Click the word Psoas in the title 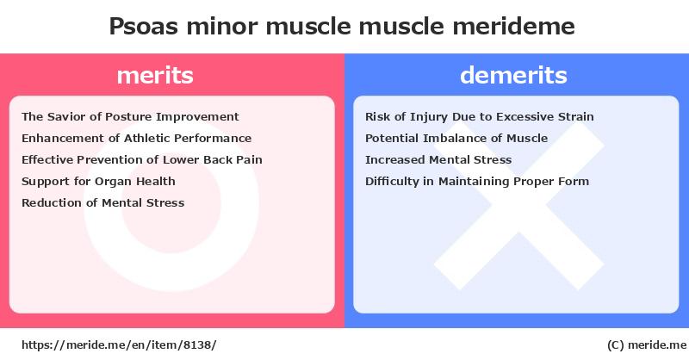[143, 27]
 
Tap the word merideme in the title [513, 27]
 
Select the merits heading [155, 75]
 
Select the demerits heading [513, 75]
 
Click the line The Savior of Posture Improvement [130, 117]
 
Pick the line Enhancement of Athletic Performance [137, 139]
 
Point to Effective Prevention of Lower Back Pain [142, 160]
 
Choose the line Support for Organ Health [98, 182]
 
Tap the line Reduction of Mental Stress [102, 203]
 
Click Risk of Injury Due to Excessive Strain [480, 117]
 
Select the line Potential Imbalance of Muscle [456, 139]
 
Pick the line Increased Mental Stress [438, 160]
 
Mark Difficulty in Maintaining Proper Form [477, 182]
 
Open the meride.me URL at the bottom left [119, 345]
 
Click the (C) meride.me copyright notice [647, 345]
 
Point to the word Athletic [147, 139]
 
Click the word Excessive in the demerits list [525, 117]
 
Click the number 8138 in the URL [197, 345]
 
